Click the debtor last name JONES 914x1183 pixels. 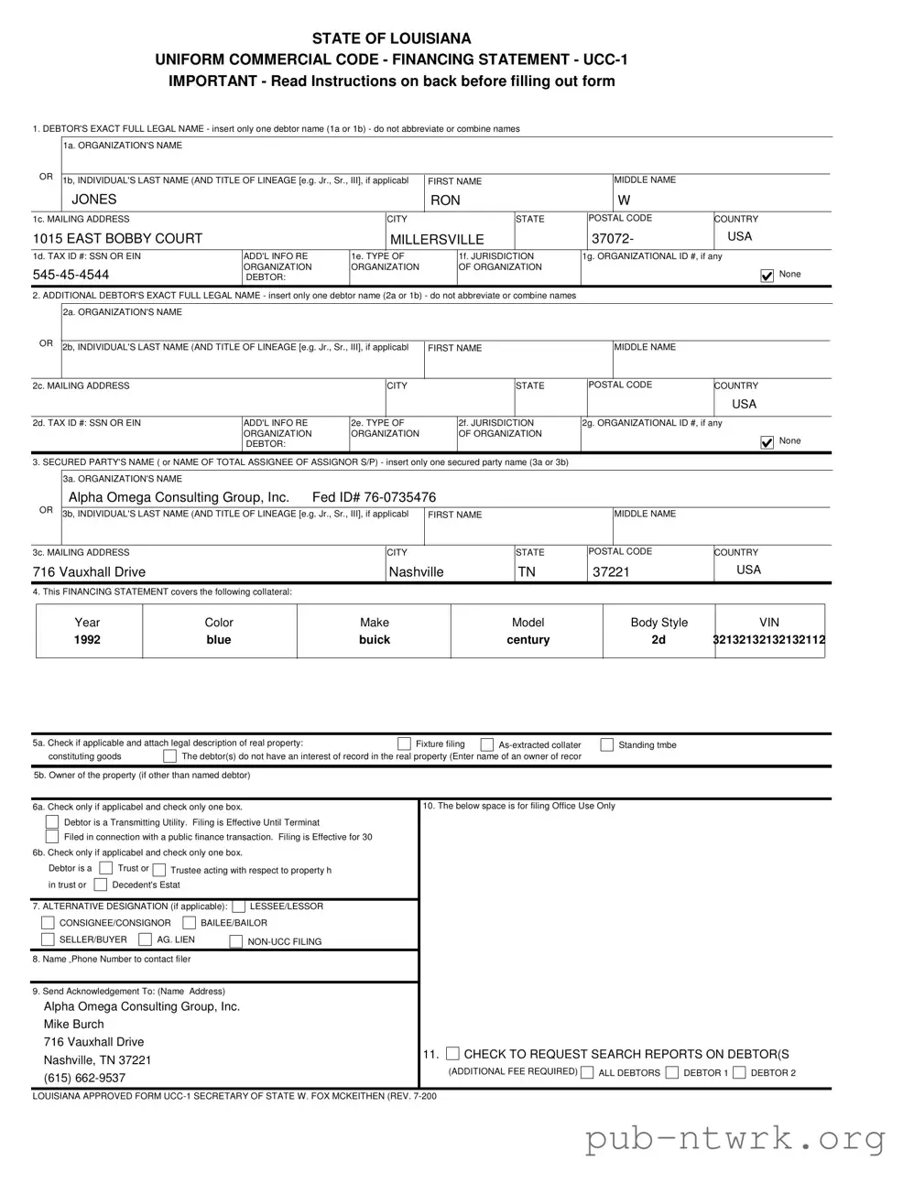94,200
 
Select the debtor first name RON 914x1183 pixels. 445,201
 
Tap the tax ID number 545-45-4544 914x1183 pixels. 71,275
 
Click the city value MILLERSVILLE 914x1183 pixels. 437,239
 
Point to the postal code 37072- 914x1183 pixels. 613,239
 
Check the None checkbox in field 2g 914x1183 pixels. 767,443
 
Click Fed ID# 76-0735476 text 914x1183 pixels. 374,497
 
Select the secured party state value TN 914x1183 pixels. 527,572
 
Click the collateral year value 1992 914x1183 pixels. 88,640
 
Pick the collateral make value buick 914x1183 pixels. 375,640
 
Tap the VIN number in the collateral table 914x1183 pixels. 769,640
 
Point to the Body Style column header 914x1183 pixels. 658,623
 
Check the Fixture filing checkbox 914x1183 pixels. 404,744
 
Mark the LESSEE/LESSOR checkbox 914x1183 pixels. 239,906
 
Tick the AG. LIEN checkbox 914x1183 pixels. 146,939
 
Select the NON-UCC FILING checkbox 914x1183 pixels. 236,942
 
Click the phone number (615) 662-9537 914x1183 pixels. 84,1078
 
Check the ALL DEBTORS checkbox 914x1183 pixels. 588,1073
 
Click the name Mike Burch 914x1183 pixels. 74,1025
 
